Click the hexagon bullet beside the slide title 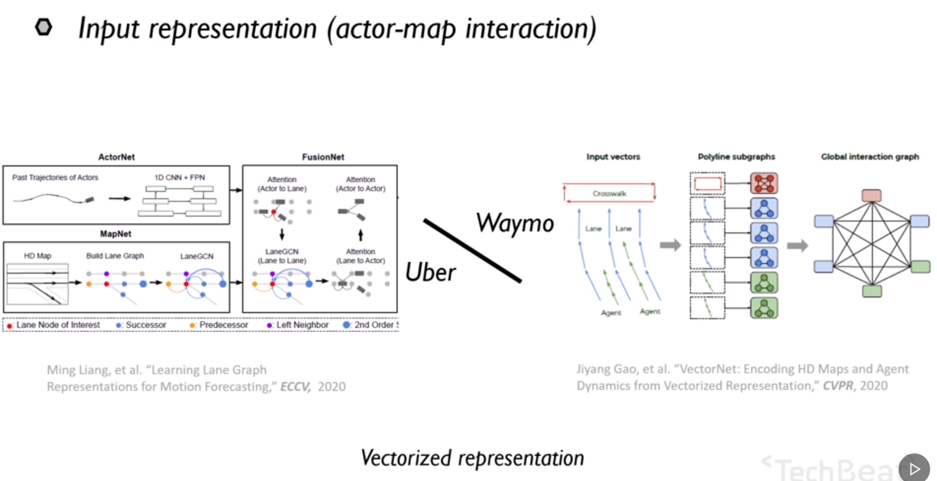(43, 27)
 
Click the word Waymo (515, 224)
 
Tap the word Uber (430, 272)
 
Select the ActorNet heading (116, 157)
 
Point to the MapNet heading (116, 234)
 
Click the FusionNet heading (323, 157)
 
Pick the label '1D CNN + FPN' (180, 177)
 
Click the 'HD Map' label (37, 256)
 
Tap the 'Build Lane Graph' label (115, 256)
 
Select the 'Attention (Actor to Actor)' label (360, 184)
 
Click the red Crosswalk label (609, 193)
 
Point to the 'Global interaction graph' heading (870, 157)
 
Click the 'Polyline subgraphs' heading (736, 157)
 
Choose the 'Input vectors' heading (613, 157)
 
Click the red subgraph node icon (764, 183)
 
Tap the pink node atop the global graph (872, 195)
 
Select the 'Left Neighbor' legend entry (302, 325)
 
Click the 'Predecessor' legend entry (223, 325)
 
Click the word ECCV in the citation (295, 387)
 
